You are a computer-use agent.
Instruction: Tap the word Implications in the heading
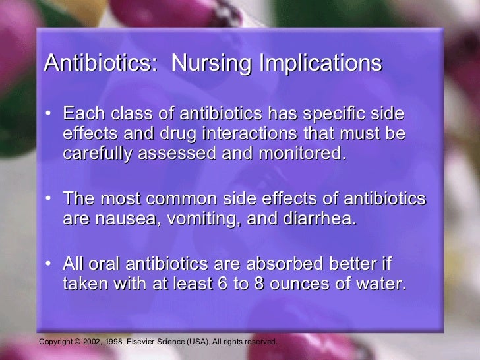point(320,63)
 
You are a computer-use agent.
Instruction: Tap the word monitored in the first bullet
point(301,154)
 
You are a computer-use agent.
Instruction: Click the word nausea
point(125,219)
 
